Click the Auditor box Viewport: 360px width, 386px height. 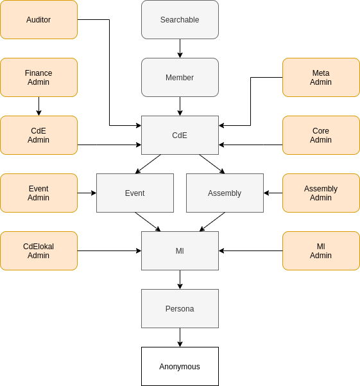[x=39, y=20]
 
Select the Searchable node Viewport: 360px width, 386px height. [x=180, y=20]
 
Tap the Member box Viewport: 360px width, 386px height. [x=180, y=78]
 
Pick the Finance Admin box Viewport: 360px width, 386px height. [x=39, y=78]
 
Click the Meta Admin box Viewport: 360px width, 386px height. [x=321, y=78]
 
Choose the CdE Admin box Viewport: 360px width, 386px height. [x=39, y=136]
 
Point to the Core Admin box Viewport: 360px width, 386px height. [x=321, y=136]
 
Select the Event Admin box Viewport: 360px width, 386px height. [x=39, y=193]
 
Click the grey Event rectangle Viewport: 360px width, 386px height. [x=135, y=193]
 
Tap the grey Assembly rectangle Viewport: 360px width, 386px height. [x=225, y=193]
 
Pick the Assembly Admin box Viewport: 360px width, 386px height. [x=321, y=193]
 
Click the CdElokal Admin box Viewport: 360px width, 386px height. [x=39, y=251]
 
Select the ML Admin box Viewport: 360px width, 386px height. [x=321, y=251]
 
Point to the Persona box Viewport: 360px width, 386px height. [x=180, y=309]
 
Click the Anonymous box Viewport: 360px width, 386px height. [x=180, y=367]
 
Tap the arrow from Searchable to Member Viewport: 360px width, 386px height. [x=180, y=49]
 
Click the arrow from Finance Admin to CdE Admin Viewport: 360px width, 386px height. [x=39, y=107]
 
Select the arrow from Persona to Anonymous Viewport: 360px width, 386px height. [x=180, y=337]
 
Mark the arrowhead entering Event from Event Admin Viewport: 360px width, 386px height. [x=94, y=193]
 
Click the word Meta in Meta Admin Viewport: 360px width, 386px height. [x=321, y=73]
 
